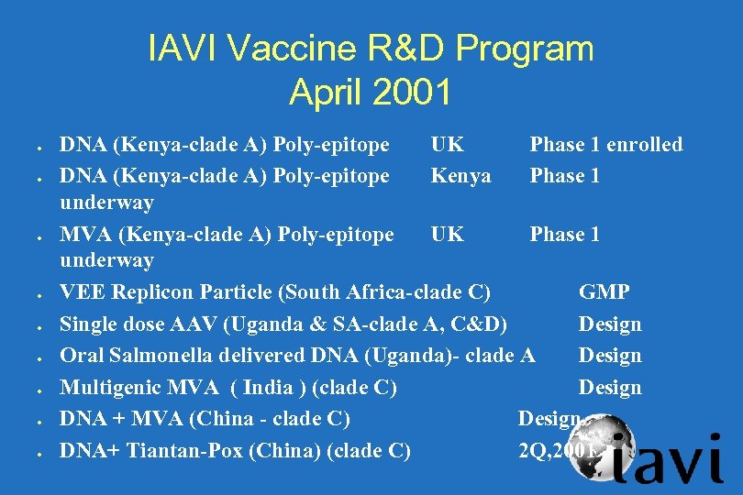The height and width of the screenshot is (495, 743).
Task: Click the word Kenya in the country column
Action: coord(460,175)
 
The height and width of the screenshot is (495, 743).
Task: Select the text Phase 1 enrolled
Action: coord(605,144)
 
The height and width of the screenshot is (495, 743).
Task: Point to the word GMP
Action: coord(604,292)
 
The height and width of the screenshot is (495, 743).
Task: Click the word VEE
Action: coord(82,292)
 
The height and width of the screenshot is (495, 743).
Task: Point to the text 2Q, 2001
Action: coord(556,450)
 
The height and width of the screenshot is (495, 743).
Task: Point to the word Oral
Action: coord(81,355)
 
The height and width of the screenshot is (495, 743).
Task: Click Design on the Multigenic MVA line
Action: coord(609,388)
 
